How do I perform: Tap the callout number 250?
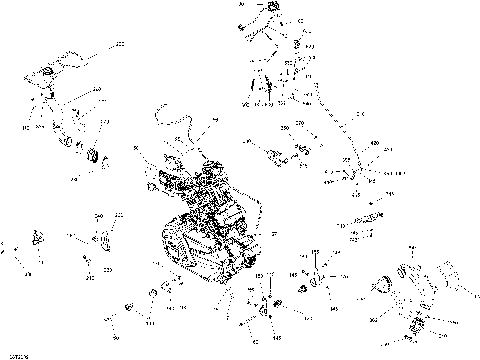tap(285, 130)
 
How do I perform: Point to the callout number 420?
tap(376, 146)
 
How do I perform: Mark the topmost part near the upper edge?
tap(267, 11)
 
